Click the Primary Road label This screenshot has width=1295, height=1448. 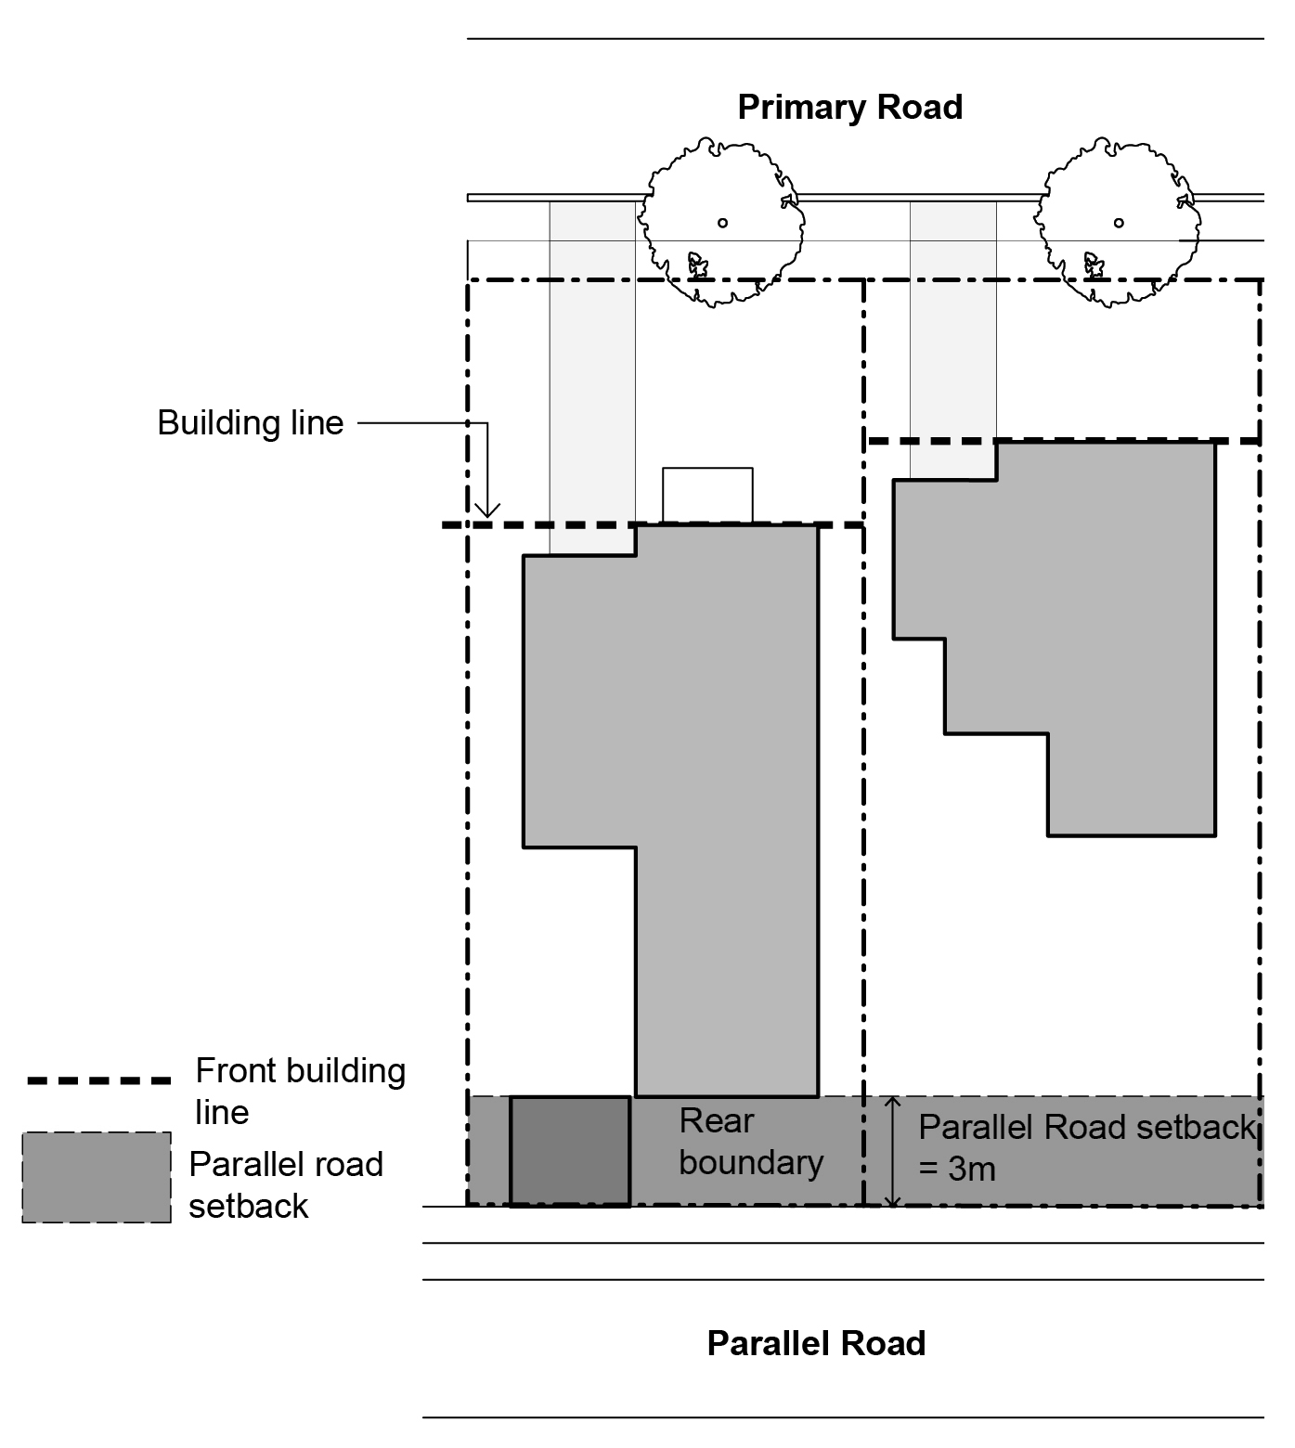tap(849, 108)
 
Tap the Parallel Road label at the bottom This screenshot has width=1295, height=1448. tap(816, 1344)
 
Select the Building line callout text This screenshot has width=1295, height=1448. tap(251, 423)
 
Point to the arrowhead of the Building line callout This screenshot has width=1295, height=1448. tap(487, 512)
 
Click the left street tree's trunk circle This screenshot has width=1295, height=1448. tap(722, 223)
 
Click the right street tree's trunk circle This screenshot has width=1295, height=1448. tap(1119, 223)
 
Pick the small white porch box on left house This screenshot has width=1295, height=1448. tap(707, 495)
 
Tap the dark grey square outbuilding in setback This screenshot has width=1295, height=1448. tap(570, 1151)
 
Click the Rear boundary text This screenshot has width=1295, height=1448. tap(750, 1142)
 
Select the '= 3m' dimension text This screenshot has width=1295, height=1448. tap(957, 1170)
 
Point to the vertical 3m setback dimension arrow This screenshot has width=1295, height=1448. tap(892, 1151)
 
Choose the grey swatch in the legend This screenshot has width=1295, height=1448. tap(97, 1177)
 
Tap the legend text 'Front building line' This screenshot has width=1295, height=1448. tap(299, 1092)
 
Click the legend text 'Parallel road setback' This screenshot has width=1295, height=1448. tap(285, 1185)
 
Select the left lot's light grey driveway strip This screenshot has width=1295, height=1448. tap(592, 371)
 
